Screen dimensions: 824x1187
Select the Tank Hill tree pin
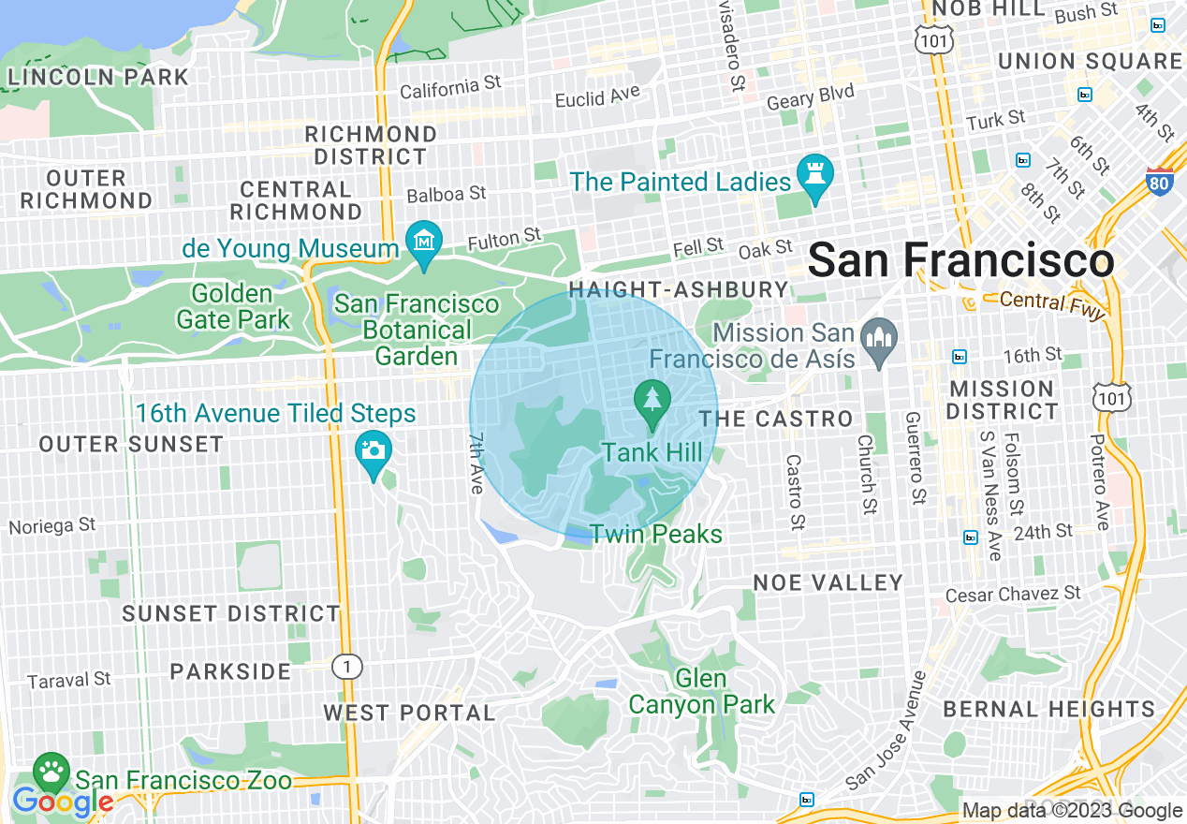pyautogui.click(x=652, y=401)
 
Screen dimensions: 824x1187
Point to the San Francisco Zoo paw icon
pyautogui.click(x=51, y=772)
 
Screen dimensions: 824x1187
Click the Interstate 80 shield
pyautogui.click(x=1159, y=180)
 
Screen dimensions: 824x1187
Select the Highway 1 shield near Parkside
pyautogui.click(x=347, y=667)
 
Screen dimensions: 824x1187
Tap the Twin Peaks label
pyautogui.click(x=655, y=535)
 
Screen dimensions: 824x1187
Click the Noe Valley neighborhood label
pyautogui.click(x=828, y=582)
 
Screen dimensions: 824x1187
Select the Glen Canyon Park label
pyautogui.click(x=702, y=691)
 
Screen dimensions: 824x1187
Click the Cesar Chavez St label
pyautogui.click(x=1012, y=595)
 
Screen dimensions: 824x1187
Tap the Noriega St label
pyautogui.click(x=52, y=526)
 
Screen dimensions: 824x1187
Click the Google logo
pyautogui.click(x=62, y=802)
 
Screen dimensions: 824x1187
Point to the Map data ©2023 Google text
pyautogui.click(x=1073, y=811)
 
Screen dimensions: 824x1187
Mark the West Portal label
pyautogui.click(x=409, y=713)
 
